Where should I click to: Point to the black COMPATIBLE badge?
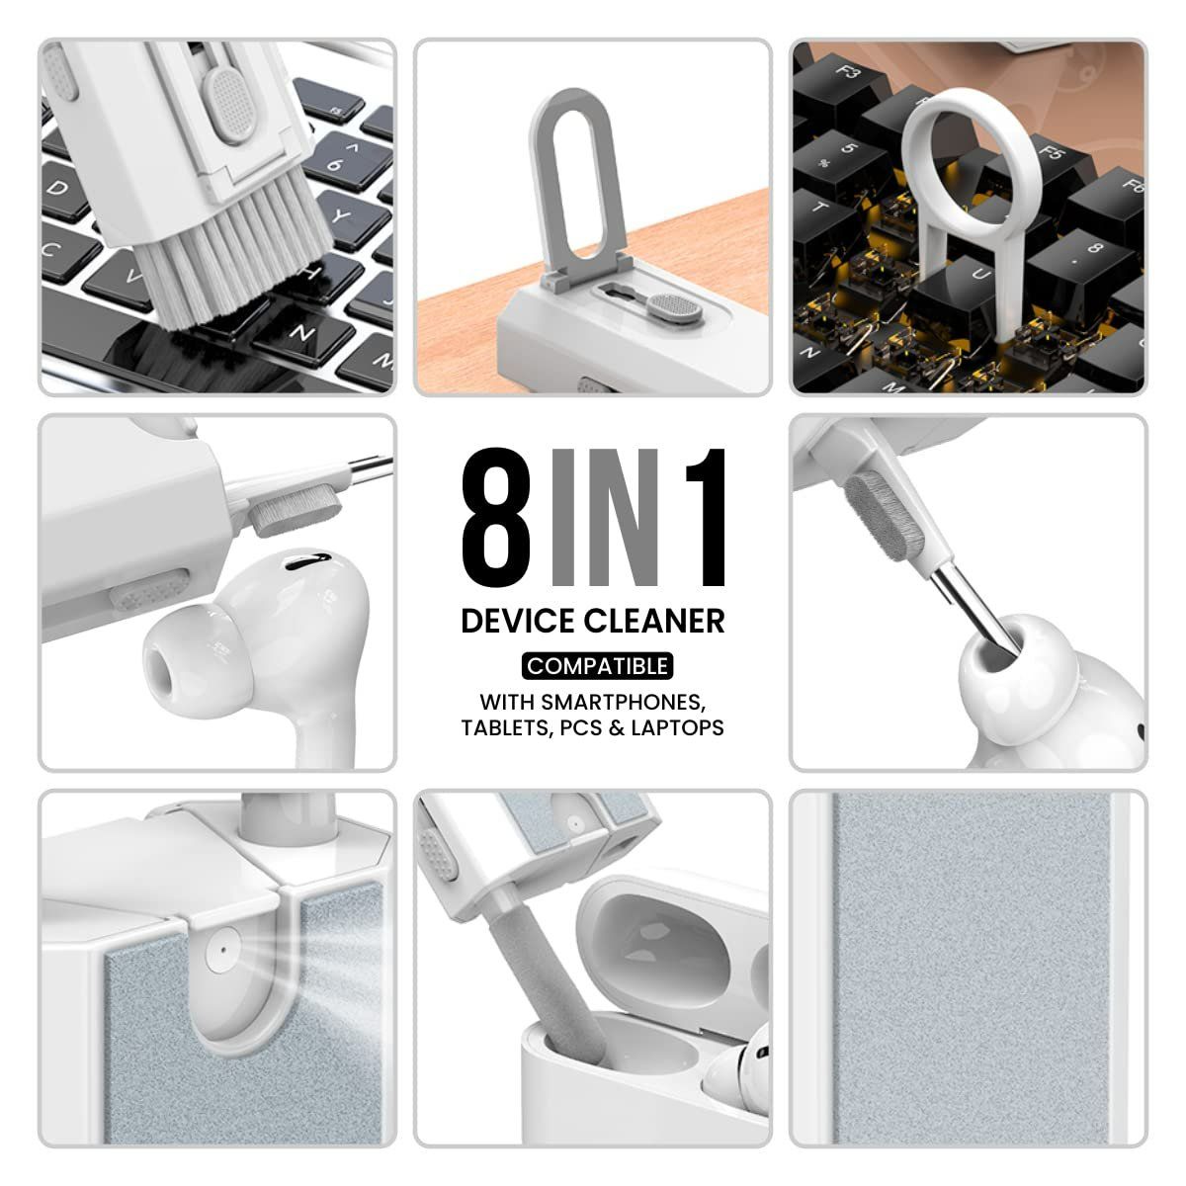coord(597,666)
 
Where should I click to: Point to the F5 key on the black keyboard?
coord(1051,158)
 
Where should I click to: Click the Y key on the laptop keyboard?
coord(341,214)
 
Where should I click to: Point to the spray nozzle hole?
coord(222,947)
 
